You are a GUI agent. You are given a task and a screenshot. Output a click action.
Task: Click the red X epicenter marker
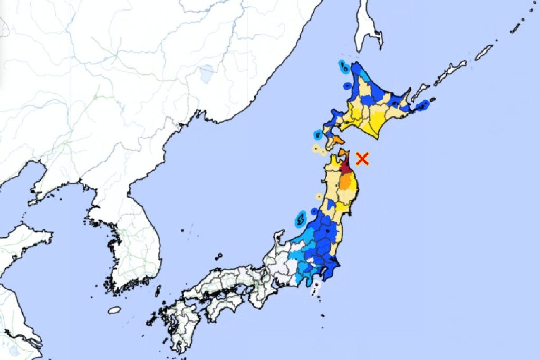pos(362,159)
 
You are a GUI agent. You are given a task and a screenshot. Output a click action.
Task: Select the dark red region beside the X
pos(345,168)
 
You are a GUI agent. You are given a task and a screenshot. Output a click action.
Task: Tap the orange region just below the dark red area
pos(346,182)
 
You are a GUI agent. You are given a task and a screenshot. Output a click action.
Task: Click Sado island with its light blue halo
pos(301,217)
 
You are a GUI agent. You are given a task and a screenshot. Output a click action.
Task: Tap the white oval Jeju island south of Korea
pos(114,310)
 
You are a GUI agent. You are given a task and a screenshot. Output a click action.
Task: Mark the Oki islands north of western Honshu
pos(218,257)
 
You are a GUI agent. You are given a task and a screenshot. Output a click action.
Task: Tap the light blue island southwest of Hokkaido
pos(318,134)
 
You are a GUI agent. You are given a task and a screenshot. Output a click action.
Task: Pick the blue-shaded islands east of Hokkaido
pos(422,106)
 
